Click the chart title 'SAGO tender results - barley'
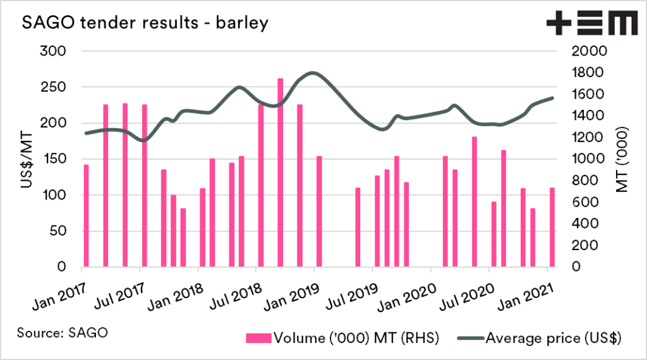point(145,23)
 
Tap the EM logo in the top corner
point(591,23)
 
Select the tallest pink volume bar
point(281,172)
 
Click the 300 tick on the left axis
point(53,51)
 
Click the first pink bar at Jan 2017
point(86,215)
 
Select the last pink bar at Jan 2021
point(552,227)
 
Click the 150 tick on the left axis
point(53,159)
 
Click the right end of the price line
point(553,98)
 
